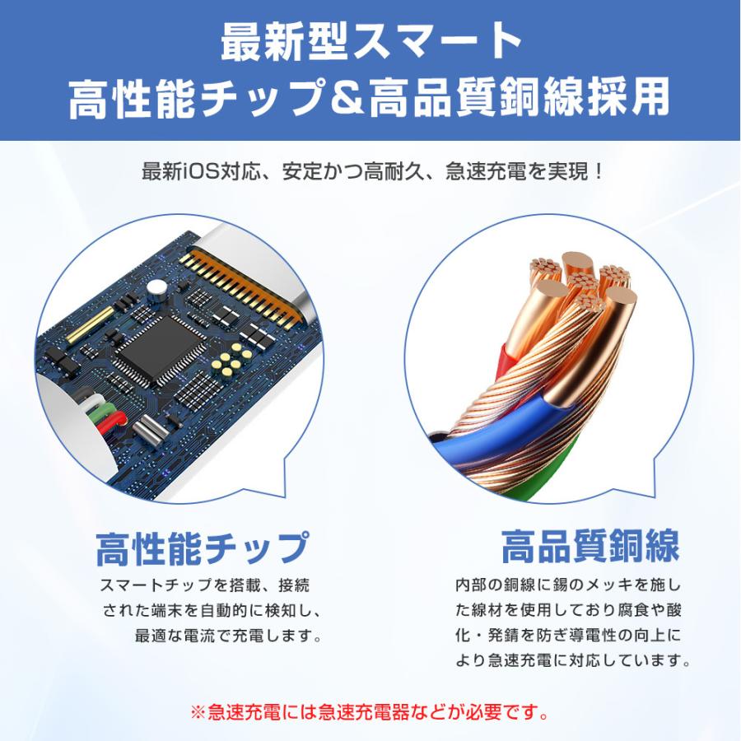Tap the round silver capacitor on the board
point(156,288)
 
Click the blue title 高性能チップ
point(203,549)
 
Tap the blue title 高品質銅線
point(590,545)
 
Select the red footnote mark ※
point(197,711)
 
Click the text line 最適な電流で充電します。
point(228,636)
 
